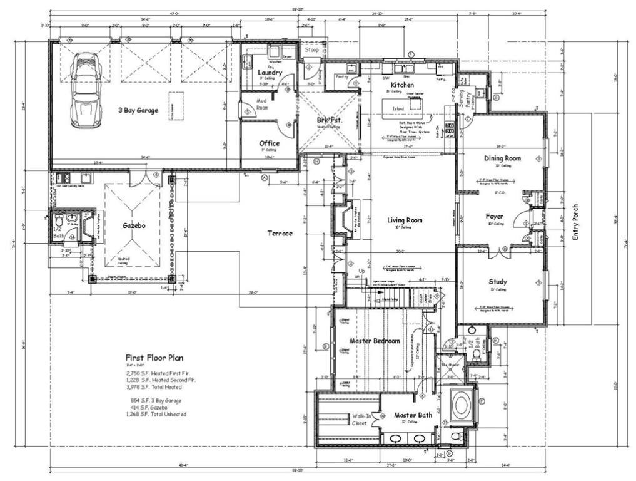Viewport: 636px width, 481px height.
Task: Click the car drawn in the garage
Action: (86, 90)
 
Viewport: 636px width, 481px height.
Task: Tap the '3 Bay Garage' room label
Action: (138, 110)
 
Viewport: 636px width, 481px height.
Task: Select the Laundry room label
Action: (270, 73)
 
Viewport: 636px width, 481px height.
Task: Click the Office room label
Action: (270, 143)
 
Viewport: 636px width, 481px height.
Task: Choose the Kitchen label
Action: (403, 85)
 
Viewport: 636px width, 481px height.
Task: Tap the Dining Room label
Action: (502, 158)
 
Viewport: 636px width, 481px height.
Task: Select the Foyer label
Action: (495, 217)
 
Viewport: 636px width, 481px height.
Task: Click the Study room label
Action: (498, 282)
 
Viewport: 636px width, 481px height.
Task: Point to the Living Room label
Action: (405, 220)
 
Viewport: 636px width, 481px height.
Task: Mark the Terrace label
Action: (280, 233)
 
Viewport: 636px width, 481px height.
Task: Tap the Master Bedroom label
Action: (374, 341)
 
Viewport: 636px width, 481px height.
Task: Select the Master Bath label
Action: (413, 415)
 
